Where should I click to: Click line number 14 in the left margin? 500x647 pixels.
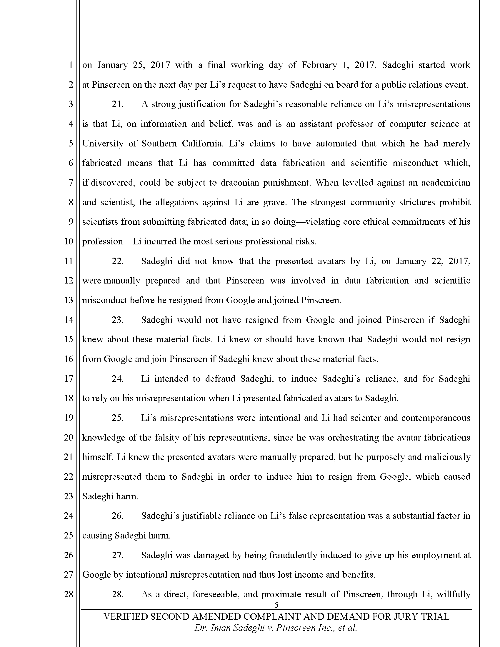[69, 320]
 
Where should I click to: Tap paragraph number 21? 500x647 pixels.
[117, 104]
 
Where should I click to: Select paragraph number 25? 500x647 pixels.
[117, 418]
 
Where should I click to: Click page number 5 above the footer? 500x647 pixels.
[276, 605]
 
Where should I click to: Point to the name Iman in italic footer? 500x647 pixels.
[220, 628]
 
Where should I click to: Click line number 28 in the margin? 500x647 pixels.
[69, 594]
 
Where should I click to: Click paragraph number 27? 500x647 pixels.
[117, 555]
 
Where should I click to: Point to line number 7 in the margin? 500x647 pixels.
[71, 183]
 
